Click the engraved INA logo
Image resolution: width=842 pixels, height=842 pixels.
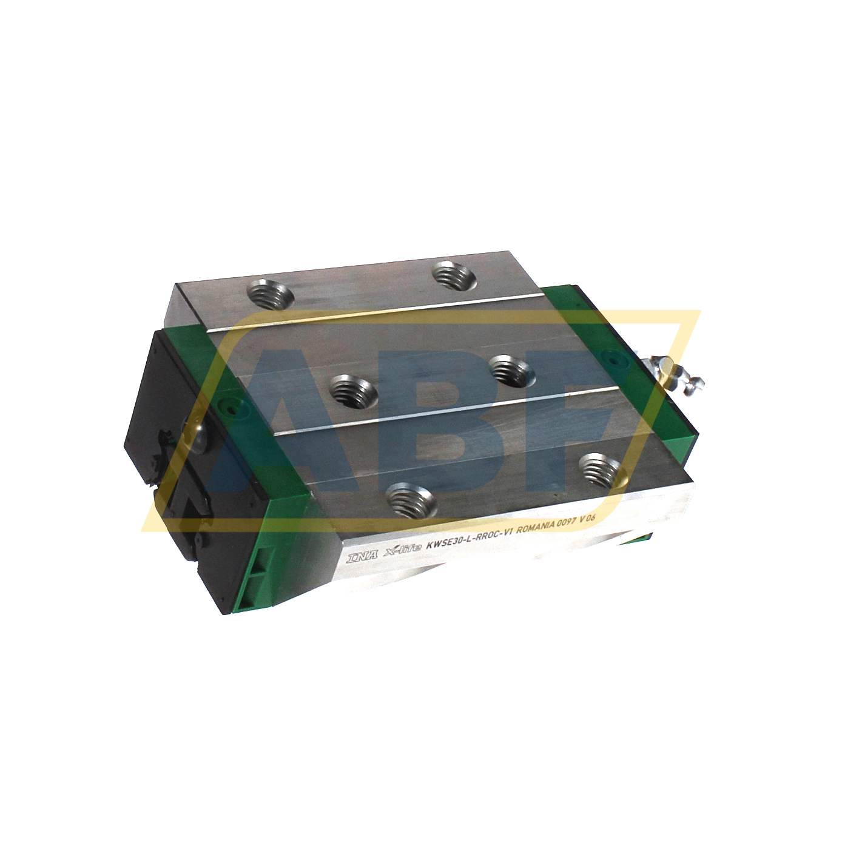(x=362, y=556)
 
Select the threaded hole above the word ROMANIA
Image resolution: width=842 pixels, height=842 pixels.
(x=600, y=470)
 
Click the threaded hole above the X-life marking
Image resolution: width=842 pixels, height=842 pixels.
(x=411, y=499)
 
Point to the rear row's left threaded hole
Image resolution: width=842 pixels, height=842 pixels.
(x=270, y=295)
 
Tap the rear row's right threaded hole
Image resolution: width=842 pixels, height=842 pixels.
(x=453, y=276)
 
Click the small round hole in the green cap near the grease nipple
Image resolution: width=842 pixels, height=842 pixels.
(x=617, y=360)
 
